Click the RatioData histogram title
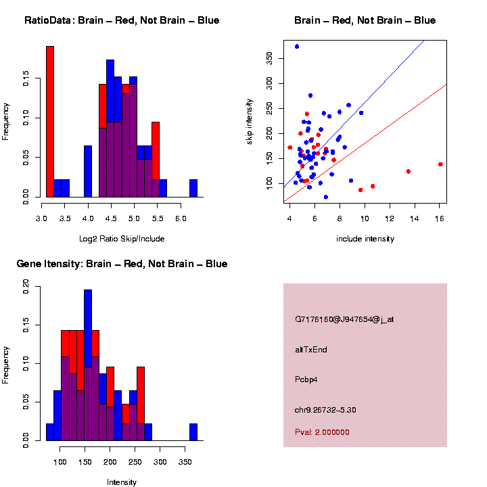(x=122, y=20)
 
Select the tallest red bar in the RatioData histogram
(x=50, y=122)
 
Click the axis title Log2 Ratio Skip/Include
(x=122, y=239)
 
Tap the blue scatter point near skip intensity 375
(x=297, y=47)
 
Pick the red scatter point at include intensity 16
(x=440, y=164)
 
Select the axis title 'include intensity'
(x=365, y=239)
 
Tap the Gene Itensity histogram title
(x=122, y=264)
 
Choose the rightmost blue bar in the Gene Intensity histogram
(x=193, y=432)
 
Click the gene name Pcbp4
(x=306, y=379)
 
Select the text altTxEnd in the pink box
(x=311, y=350)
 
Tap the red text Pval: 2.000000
(x=322, y=432)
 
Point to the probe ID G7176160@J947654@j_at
(x=344, y=319)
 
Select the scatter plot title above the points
(x=365, y=20)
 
